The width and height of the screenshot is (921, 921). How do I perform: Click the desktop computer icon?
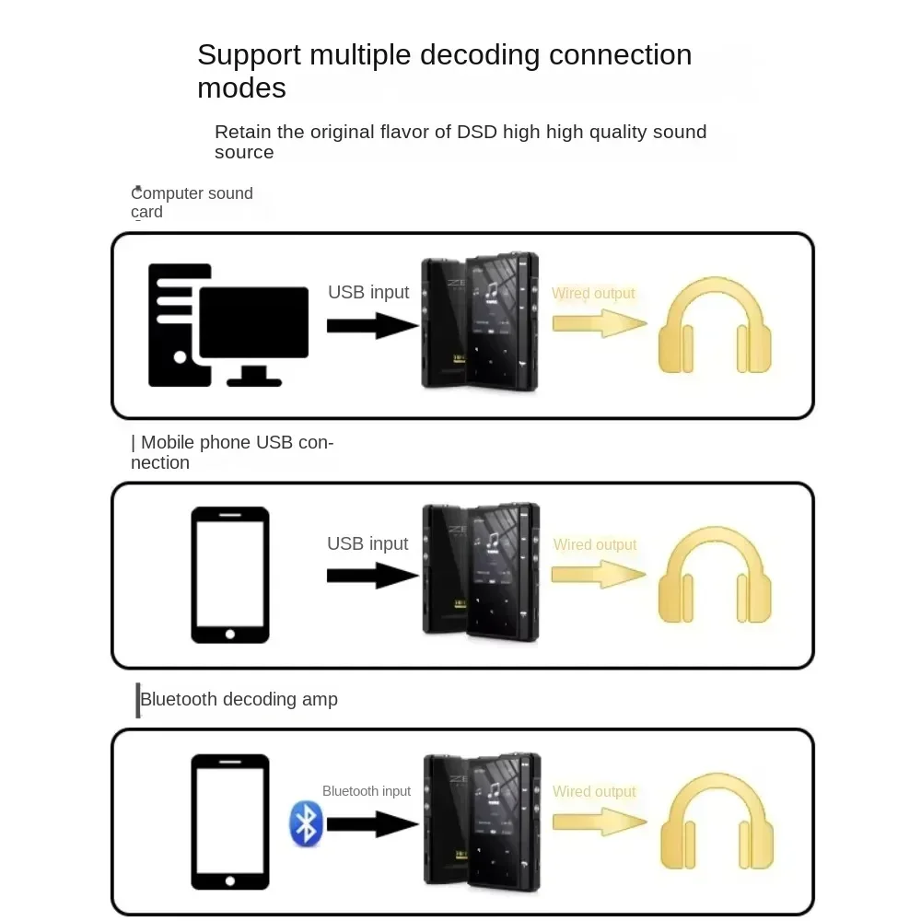click(x=228, y=325)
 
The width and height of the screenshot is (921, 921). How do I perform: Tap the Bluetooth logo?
click(x=305, y=823)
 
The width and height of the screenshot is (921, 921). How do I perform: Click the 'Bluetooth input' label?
click(x=367, y=791)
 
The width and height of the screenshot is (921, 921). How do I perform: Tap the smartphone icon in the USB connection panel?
click(x=230, y=575)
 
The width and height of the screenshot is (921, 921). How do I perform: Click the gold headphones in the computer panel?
click(x=715, y=327)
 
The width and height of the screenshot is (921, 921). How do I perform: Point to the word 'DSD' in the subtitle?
click(x=477, y=132)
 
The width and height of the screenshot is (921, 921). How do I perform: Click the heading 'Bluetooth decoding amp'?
click(x=239, y=700)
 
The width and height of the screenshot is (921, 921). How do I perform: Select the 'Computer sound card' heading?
click(x=192, y=203)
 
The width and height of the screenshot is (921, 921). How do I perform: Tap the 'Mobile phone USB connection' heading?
click(x=232, y=452)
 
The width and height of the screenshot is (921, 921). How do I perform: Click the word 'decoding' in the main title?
click(x=480, y=55)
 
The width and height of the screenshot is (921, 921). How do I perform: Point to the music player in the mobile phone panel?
click(x=481, y=571)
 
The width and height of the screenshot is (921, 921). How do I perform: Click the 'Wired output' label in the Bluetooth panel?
click(x=594, y=792)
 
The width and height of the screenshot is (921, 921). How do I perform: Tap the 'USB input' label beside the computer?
click(x=368, y=293)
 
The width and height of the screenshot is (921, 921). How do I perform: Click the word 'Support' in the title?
click(x=250, y=55)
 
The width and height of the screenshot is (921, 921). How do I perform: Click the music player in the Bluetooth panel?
click(x=481, y=822)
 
